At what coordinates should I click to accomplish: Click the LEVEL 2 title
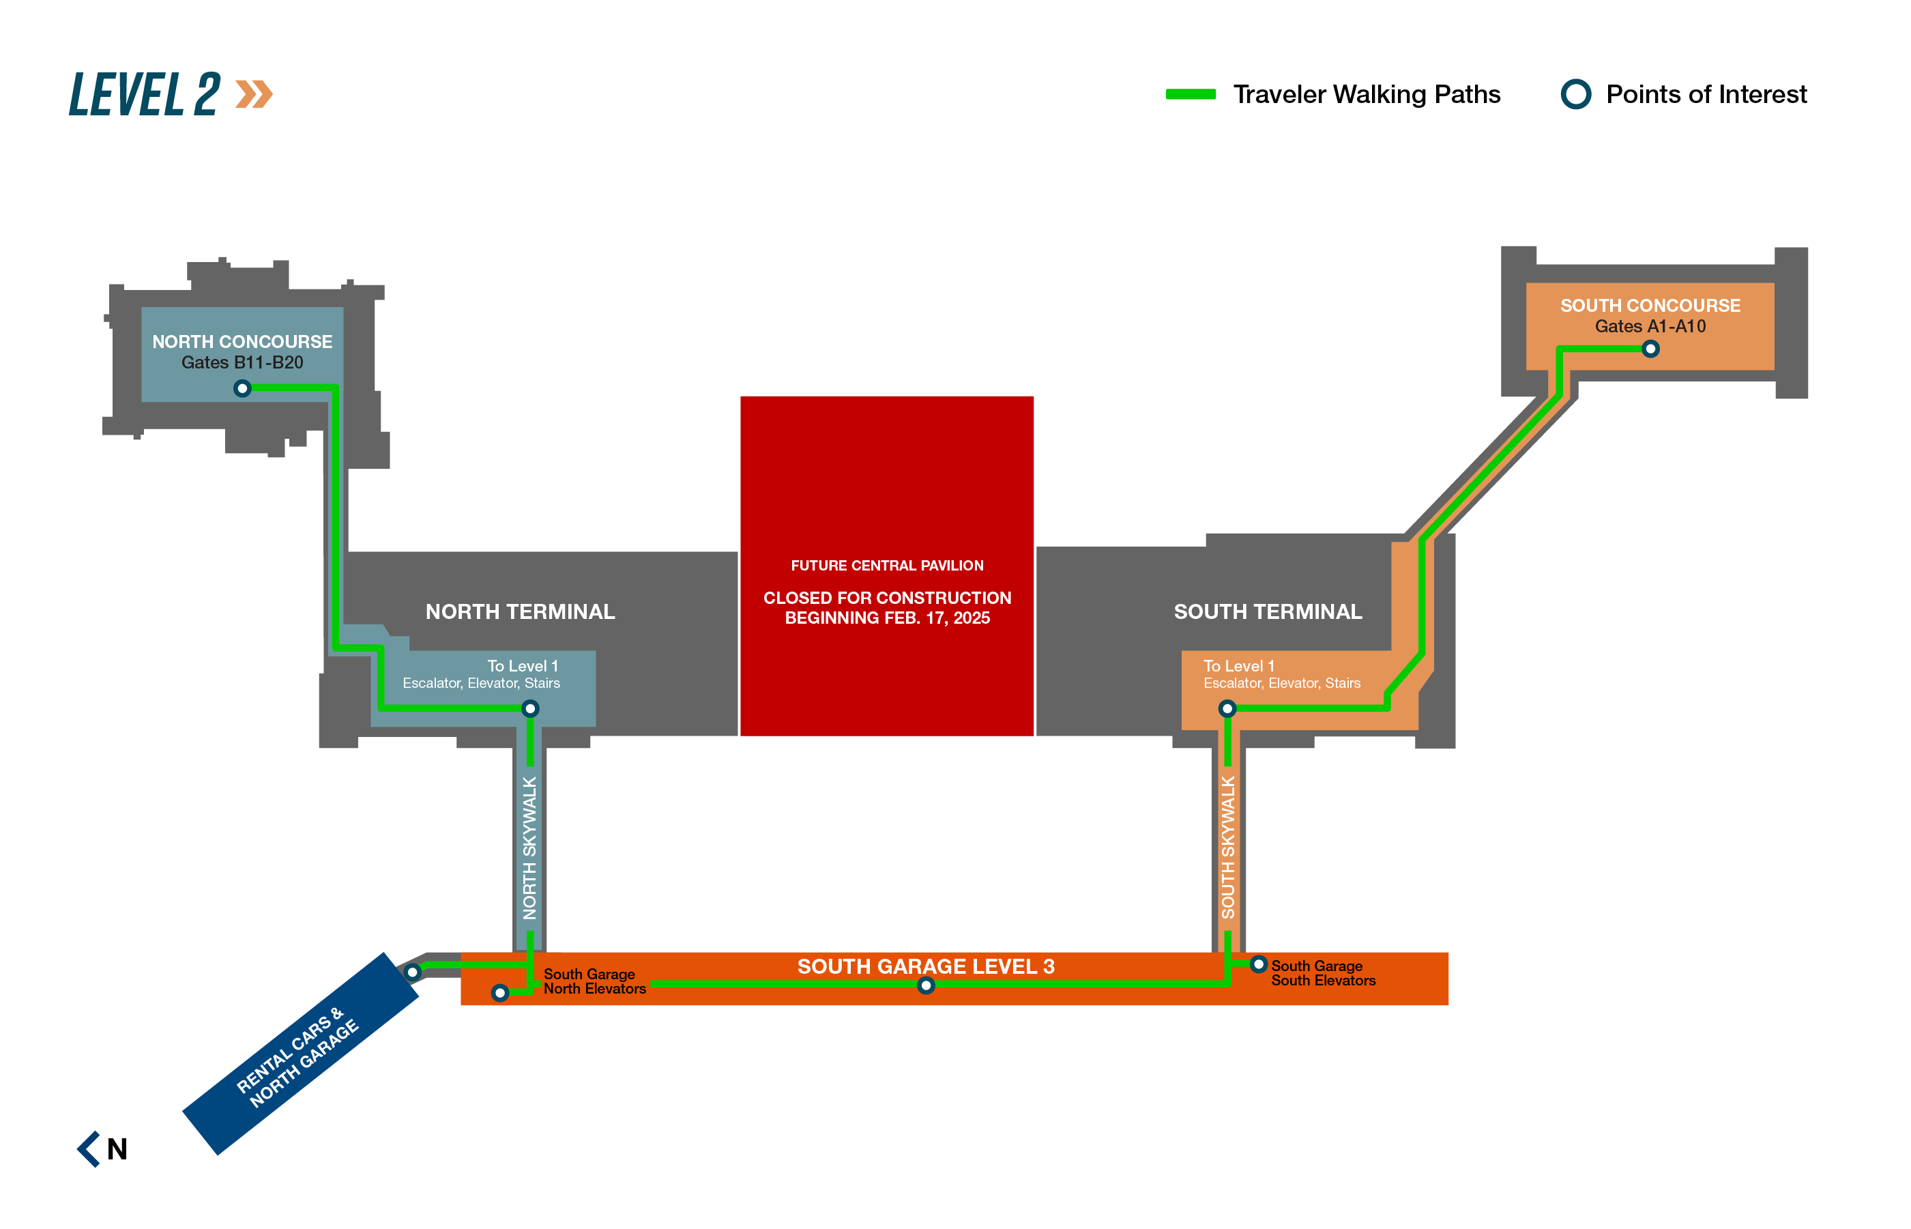click(145, 94)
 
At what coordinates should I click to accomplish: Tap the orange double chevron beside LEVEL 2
click(254, 94)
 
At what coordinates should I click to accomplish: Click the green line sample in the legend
click(1190, 94)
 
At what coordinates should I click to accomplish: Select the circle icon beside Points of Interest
click(1575, 94)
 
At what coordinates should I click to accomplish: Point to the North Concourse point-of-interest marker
click(243, 389)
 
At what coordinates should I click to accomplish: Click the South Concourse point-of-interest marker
click(1650, 349)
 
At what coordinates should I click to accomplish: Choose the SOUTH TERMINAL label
click(1267, 612)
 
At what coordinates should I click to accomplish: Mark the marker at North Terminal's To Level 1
click(530, 708)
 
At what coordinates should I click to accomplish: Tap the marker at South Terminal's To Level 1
click(1227, 708)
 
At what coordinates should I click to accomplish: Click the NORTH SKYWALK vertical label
click(529, 848)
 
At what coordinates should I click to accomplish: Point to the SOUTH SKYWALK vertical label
click(1228, 848)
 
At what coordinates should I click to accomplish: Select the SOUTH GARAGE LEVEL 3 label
click(926, 966)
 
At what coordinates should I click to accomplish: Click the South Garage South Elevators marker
click(1258, 965)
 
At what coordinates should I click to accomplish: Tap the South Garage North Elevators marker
click(499, 993)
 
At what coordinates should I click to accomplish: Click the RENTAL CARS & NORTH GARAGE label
click(297, 1058)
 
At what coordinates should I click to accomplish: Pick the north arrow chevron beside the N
click(89, 1149)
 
